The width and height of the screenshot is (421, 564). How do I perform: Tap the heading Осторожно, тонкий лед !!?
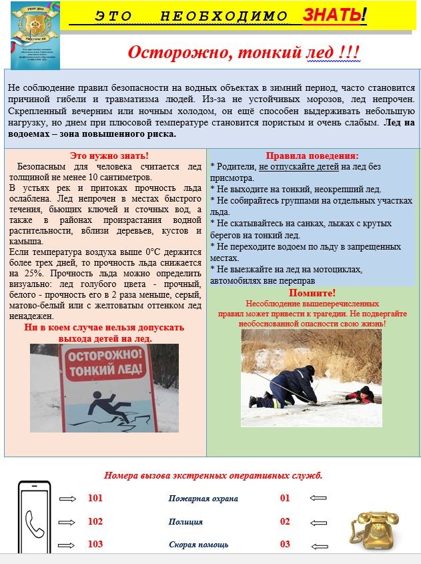tap(244, 53)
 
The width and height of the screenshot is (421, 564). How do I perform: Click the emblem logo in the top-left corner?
tap(35, 35)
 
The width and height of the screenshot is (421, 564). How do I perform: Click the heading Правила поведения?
tap(312, 156)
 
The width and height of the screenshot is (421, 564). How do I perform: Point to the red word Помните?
tap(312, 292)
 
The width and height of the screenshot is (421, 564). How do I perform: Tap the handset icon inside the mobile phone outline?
tap(34, 523)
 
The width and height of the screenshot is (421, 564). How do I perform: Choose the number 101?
tap(95, 499)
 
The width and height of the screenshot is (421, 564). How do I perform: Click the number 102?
tap(95, 521)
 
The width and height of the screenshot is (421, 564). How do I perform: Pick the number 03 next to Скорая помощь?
tap(285, 544)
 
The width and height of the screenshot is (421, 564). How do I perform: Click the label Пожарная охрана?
tap(203, 499)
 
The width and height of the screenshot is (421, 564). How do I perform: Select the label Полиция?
tap(185, 521)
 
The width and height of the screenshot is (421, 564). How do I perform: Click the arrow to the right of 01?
tap(318, 499)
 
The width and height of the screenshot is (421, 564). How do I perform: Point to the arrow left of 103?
tap(67, 544)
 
